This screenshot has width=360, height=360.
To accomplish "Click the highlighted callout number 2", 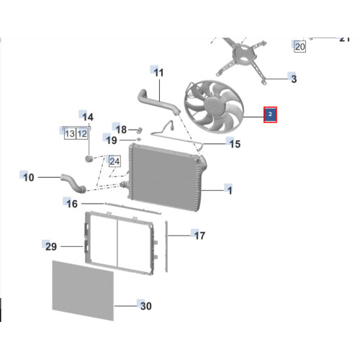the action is [270, 114].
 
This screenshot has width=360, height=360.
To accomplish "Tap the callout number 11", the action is [158, 73].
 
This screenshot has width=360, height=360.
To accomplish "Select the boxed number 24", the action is [114, 161].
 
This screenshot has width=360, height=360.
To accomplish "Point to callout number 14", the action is [88, 117].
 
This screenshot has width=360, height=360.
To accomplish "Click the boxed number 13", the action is [70, 134].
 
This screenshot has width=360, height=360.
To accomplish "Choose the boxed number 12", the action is [82, 134].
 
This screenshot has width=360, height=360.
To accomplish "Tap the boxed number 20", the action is [300, 47].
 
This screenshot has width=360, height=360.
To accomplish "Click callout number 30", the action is [146, 306].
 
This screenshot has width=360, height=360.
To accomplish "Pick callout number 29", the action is [51, 247].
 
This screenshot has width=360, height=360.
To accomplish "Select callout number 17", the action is [199, 235].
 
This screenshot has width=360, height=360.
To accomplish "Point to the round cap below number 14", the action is [89, 158].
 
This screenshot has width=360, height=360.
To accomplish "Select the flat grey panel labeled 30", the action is [83, 290].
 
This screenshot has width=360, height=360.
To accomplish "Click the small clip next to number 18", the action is [140, 130].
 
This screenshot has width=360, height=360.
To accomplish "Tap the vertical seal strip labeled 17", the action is [166, 246].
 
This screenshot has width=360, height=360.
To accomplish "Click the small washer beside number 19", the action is [138, 139].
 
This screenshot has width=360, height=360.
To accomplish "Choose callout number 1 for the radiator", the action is [230, 191].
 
